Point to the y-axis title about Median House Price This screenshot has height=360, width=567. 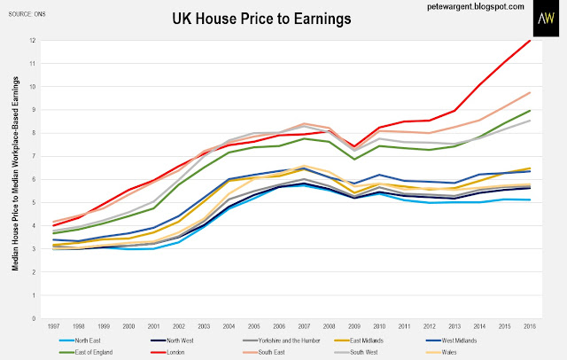(15, 176)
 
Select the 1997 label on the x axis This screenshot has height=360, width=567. (54, 329)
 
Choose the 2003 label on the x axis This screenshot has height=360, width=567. (205, 329)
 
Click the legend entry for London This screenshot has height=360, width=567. (257, 352)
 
